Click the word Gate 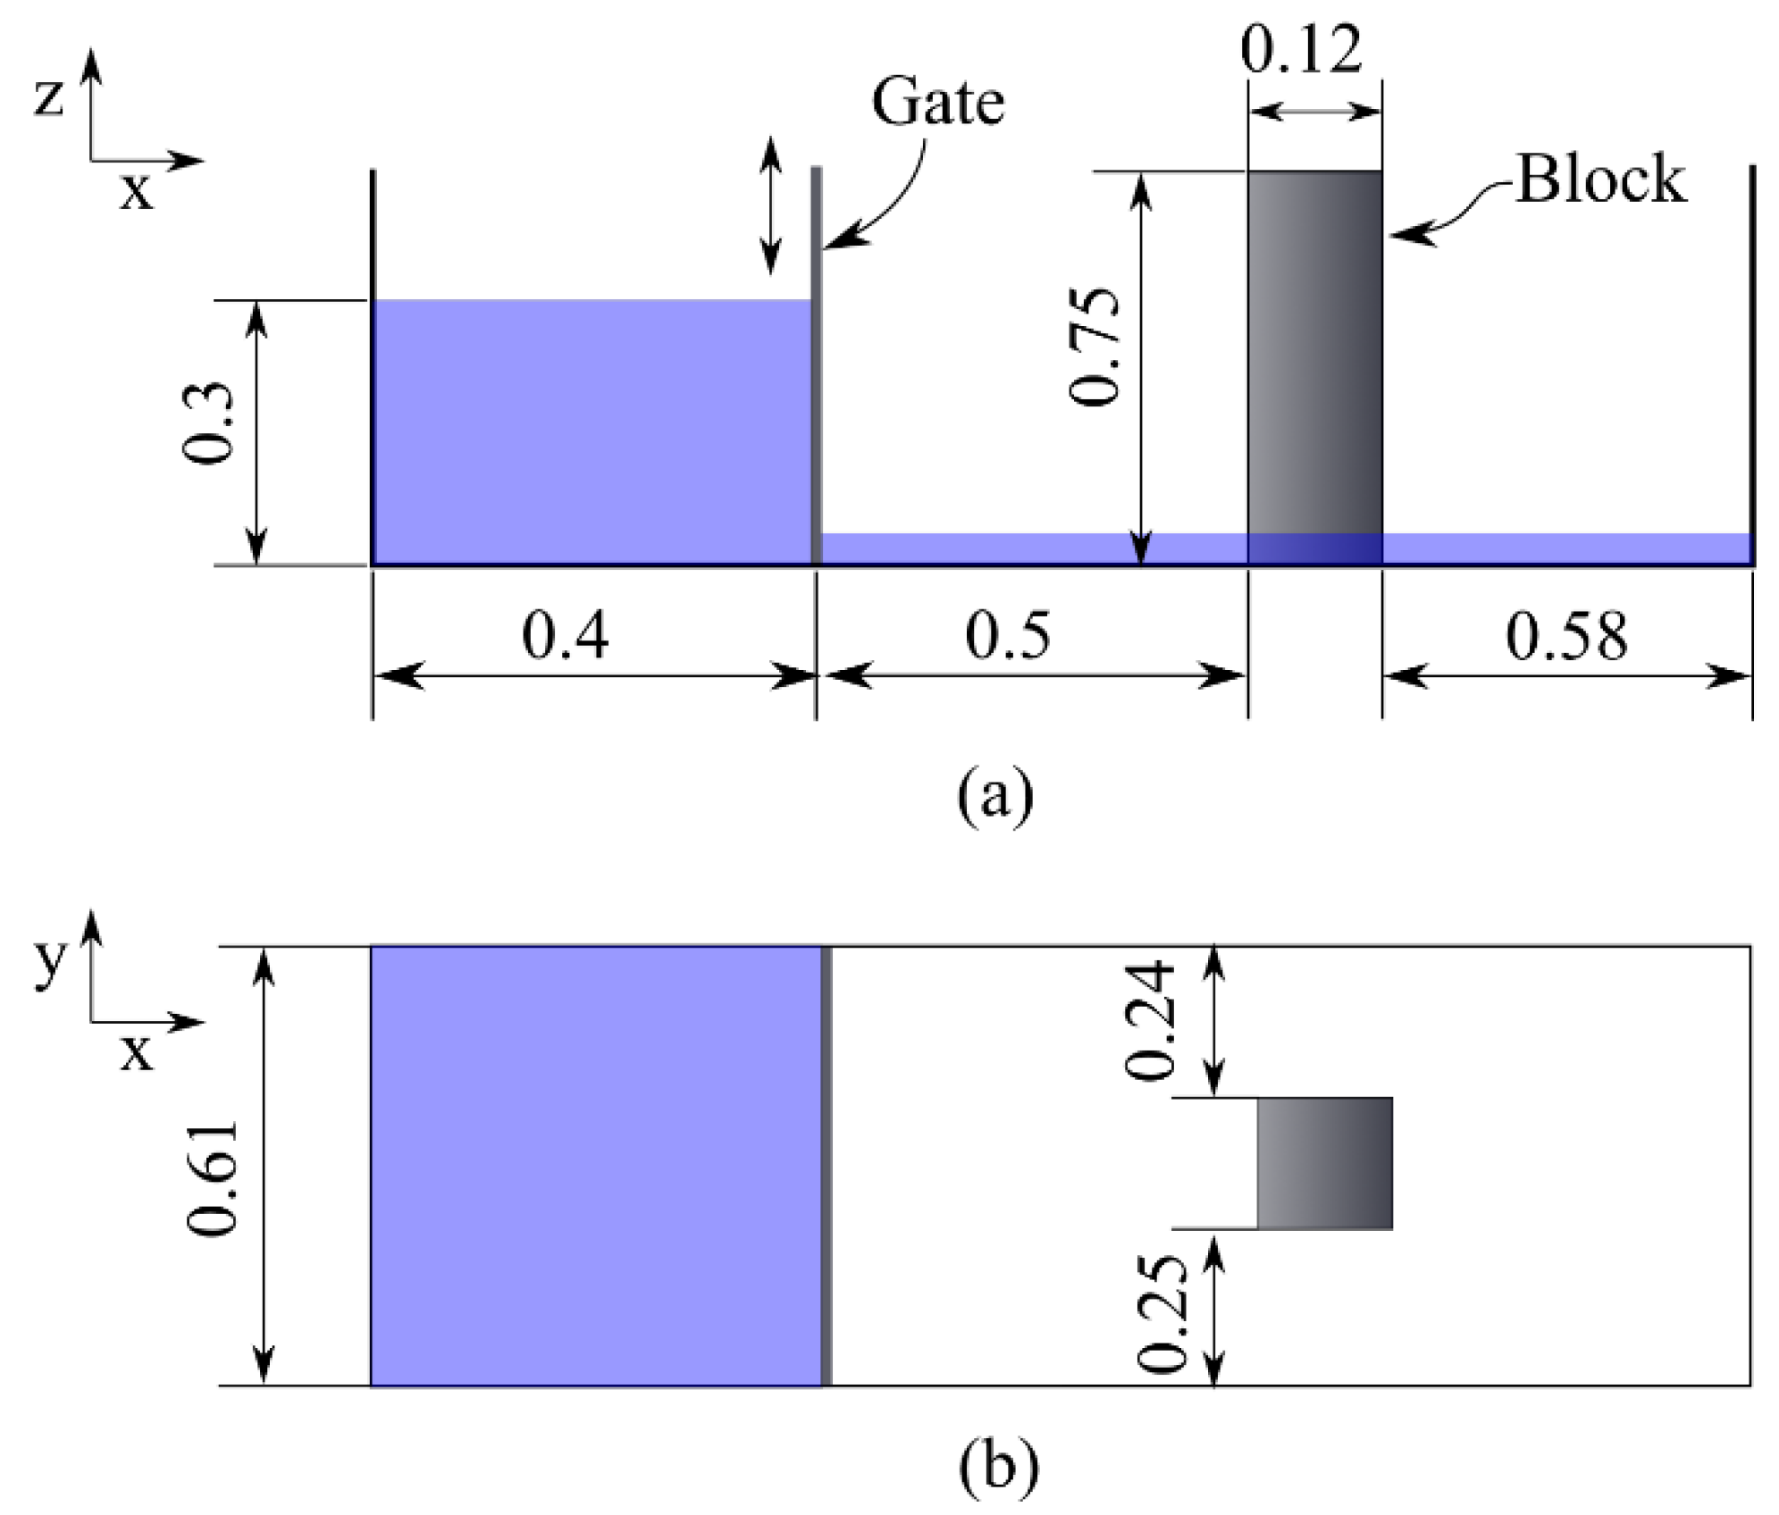937,103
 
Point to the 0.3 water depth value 206,423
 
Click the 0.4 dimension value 565,636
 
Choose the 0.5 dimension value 1008,636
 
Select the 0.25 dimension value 1162,1313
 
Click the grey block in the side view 1314,357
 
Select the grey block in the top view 1324,1163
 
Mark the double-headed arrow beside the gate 770,206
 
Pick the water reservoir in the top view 595,1165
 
